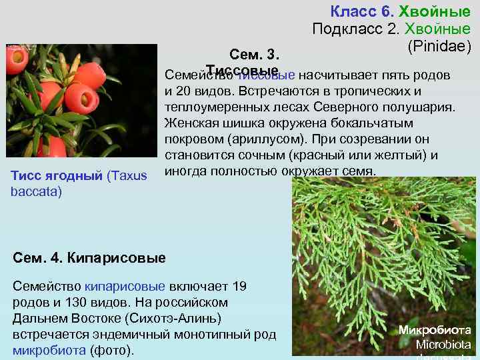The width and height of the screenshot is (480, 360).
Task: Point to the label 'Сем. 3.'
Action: tap(253, 54)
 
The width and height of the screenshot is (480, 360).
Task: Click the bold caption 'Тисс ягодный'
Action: tap(57, 176)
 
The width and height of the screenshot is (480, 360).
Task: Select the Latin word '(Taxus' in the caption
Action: tap(128, 176)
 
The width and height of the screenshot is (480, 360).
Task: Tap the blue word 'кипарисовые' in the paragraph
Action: tap(124, 287)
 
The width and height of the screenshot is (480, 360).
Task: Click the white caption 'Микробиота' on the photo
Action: tap(434, 330)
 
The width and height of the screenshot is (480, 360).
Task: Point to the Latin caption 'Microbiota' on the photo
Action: tap(443, 345)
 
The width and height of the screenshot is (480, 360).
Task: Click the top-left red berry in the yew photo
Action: tap(16, 61)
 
